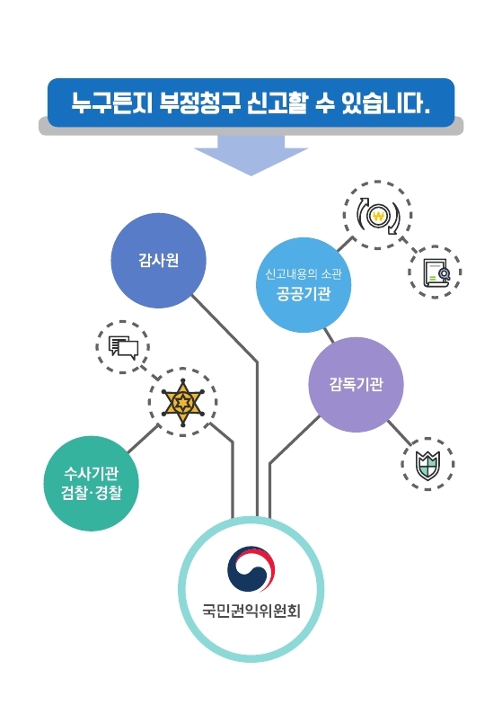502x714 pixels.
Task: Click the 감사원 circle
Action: [x=159, y=261]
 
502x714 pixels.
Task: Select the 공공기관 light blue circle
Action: [x=304, y=285]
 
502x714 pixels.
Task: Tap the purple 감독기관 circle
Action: [x=356, y=385]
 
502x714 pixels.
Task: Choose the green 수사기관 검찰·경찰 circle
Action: [x=92, y=483]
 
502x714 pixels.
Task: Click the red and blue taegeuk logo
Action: [x=251, y=568]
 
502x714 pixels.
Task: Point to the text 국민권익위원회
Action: [x=251, y=611]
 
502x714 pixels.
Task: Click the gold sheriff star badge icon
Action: [x=183, y=403]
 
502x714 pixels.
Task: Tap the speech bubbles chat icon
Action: [x=123, y=347]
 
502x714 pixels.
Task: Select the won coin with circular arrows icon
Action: [x=377, y=216]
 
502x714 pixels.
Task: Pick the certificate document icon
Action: [x=436, y=272]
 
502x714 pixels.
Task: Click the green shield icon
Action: [x=427, y=465]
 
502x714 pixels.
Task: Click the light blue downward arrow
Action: [x=251, y=156]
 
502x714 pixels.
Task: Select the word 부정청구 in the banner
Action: [x=200, y=103]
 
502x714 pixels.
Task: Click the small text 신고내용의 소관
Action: [x=304, y=274]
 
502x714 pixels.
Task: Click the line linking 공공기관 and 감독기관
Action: [x=329, y=335]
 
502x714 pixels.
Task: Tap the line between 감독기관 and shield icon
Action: [x=399, y=433]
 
